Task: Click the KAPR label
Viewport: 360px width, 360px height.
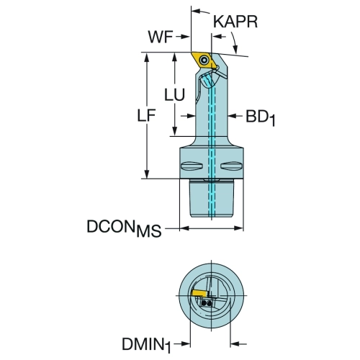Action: [x=235, y=22]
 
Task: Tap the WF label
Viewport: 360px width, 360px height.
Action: [x=161, y=37]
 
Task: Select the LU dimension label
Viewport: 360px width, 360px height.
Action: [x=174, y=94]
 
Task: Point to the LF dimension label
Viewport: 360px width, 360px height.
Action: [x=146, y=115]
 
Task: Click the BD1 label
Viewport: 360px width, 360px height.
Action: [x=260, y=118]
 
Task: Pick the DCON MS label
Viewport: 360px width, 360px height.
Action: [x=124, y=229]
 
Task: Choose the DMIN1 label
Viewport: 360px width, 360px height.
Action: [x=146, y=345]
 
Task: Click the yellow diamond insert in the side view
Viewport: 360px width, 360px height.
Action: [x=204, y=60]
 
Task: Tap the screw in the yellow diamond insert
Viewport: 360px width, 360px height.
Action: [x=204, y=60]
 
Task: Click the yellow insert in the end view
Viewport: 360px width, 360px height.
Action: [x=199, y=293]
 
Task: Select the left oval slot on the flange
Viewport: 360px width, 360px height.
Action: [x=192, y=166]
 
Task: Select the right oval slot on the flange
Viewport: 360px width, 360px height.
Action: [x=231, y=166]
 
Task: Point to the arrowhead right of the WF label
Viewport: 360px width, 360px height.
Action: [x=186, y=37]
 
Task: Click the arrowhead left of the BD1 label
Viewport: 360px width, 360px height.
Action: [x=232, y=116]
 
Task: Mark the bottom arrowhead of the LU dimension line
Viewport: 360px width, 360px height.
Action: [x=175, y=132]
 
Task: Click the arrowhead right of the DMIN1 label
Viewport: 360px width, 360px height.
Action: [x=186, y=344]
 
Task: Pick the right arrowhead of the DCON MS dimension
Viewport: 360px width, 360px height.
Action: [x=239, y=228]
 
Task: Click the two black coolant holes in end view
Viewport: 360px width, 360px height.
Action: [x=207, y=303]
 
